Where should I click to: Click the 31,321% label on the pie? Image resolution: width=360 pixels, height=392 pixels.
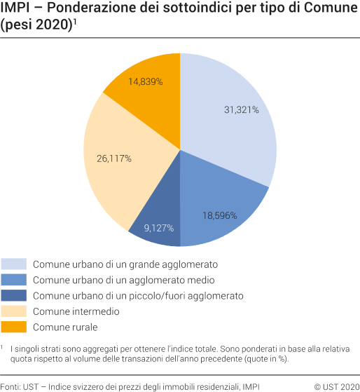coord(241,110)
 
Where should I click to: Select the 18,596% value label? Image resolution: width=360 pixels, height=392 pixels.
coord(219,215)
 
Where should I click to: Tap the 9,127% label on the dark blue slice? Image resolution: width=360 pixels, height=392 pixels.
coord(158,227)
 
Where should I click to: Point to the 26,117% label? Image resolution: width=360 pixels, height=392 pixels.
coord(115,158)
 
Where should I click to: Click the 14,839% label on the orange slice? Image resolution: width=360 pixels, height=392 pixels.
coord(146,81)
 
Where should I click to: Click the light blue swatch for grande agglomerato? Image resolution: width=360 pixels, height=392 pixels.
coord(14,264)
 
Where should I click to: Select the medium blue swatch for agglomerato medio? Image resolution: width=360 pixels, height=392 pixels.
coord(14,280)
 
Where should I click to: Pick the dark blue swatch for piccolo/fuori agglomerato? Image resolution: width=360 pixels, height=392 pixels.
coord(14,295)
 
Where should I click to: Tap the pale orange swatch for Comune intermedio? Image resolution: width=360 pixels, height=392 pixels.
coord(14,311)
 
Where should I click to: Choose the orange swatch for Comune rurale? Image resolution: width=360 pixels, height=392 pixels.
coord(14,326)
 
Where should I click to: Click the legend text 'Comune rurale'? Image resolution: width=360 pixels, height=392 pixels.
coord(65,327)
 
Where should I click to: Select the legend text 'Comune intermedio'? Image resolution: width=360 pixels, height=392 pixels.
coord(76,311)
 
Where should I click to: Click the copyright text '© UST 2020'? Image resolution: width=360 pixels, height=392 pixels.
coord(336,386)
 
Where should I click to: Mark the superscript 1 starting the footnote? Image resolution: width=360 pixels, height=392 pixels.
coord(3,346)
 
